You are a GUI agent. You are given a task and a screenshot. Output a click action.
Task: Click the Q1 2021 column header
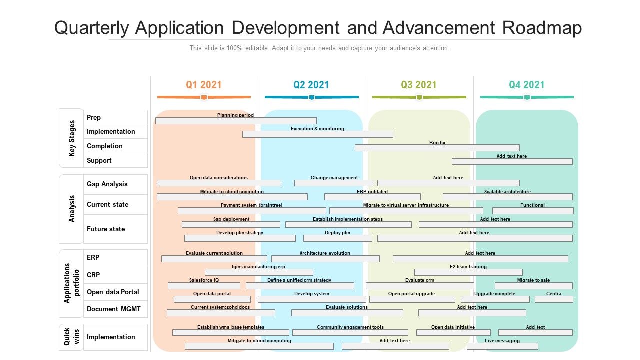[204, 85]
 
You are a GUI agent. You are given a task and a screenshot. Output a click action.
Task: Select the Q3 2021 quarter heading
[419, 85]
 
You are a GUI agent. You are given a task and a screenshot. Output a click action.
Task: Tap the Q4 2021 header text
[527, 85]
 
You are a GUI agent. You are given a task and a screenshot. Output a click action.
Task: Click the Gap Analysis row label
[107, 184]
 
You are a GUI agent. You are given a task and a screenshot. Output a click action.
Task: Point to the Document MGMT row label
[114, 309]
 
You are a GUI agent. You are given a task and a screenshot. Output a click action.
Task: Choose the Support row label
[99, 160]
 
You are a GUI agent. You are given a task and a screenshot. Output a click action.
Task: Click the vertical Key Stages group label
[72, 138]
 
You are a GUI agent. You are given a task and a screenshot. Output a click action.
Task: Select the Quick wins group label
[71, 337]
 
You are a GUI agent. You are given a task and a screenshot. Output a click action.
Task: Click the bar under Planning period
[236, 121]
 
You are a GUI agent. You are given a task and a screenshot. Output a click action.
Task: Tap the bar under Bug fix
[437, 148]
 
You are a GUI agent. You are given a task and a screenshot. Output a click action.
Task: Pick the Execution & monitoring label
[317, 129]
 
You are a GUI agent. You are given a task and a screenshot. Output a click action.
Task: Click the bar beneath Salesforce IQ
[204, 286]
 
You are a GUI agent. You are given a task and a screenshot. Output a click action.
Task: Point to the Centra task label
[553, 294]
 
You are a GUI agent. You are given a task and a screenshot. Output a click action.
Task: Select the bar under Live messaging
[502, 346]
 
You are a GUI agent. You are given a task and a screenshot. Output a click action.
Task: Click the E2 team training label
[468, 267]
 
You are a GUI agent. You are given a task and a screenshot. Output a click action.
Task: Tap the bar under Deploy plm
[337, 238]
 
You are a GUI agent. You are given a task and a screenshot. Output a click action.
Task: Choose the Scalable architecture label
[507, 192]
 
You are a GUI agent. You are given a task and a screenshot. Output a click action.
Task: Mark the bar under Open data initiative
[453, 332]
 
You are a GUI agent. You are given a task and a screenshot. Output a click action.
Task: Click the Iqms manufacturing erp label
[258, 267]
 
